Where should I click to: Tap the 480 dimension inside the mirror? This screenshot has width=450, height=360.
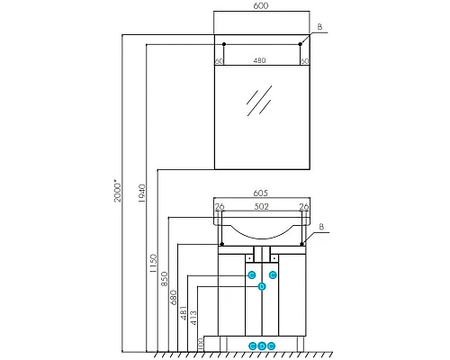point(260,61)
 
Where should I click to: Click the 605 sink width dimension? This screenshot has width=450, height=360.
point(260,193)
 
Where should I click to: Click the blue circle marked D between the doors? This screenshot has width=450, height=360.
point(261,286)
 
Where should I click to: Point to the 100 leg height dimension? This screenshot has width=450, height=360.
point(200,343)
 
